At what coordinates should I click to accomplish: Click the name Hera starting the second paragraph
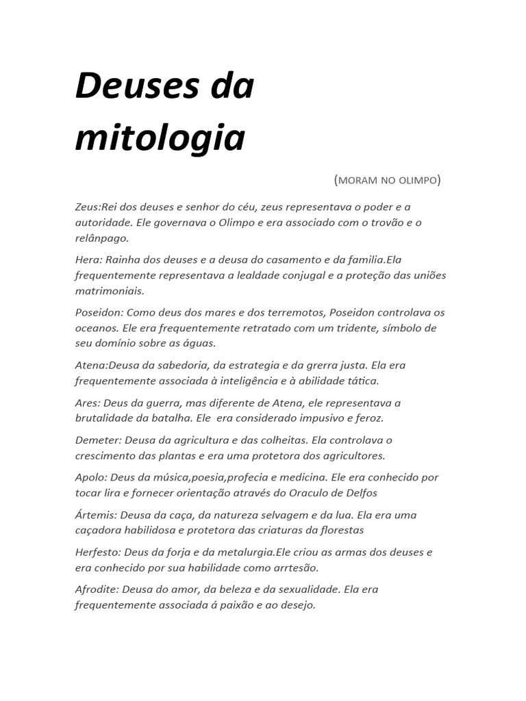pos(87,259)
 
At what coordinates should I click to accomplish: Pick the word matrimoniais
pos(110,291)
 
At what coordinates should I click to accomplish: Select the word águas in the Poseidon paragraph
pos(199,344)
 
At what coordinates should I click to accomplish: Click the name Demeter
pos(96,439)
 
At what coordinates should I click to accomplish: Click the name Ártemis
pos(95,514)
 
